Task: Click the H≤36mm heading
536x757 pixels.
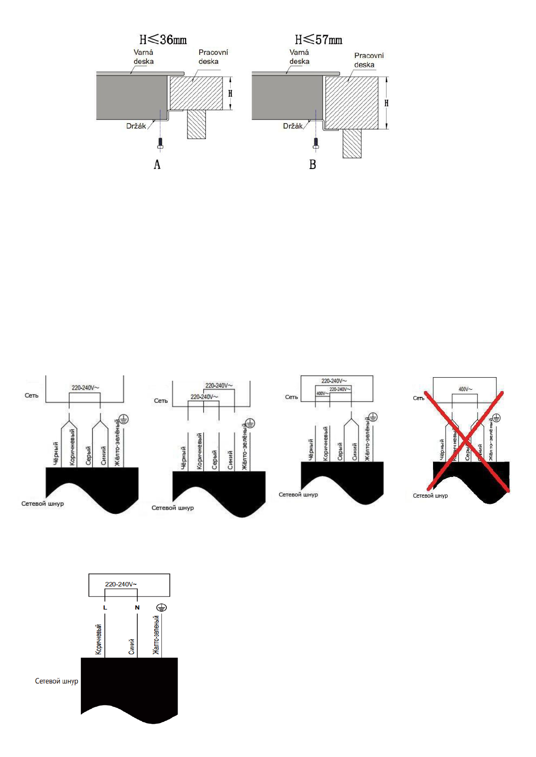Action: click(163, 40)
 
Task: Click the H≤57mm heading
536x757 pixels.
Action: click(318, 40)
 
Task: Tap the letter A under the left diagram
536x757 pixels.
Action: click(157, 165)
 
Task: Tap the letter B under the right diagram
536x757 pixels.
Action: click(313, 165)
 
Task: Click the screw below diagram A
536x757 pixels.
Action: click(160, 143)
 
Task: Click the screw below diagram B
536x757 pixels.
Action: click(316, 143)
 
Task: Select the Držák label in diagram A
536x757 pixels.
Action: click(136, 126)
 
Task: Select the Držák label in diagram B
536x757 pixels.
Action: click(293, 126)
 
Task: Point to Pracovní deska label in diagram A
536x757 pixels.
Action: click(213, 57)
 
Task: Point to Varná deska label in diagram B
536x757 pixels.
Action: click(299, 57)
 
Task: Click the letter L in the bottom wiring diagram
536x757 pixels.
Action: click(105, 608)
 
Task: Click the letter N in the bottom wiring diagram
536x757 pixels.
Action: click(137, 608)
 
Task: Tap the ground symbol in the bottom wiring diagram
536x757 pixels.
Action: click(161, 608)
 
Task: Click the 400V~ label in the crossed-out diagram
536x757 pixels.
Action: click(465, 389)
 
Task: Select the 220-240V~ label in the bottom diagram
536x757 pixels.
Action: click(121, 584)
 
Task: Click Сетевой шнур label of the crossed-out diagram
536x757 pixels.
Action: click(430, 496)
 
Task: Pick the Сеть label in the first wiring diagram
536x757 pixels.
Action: click(31, 396)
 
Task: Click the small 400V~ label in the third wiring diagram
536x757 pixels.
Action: click(322, 394)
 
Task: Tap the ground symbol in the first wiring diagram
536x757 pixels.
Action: click(124, 419)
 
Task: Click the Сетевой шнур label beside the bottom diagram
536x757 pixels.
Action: click(57, 681)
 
